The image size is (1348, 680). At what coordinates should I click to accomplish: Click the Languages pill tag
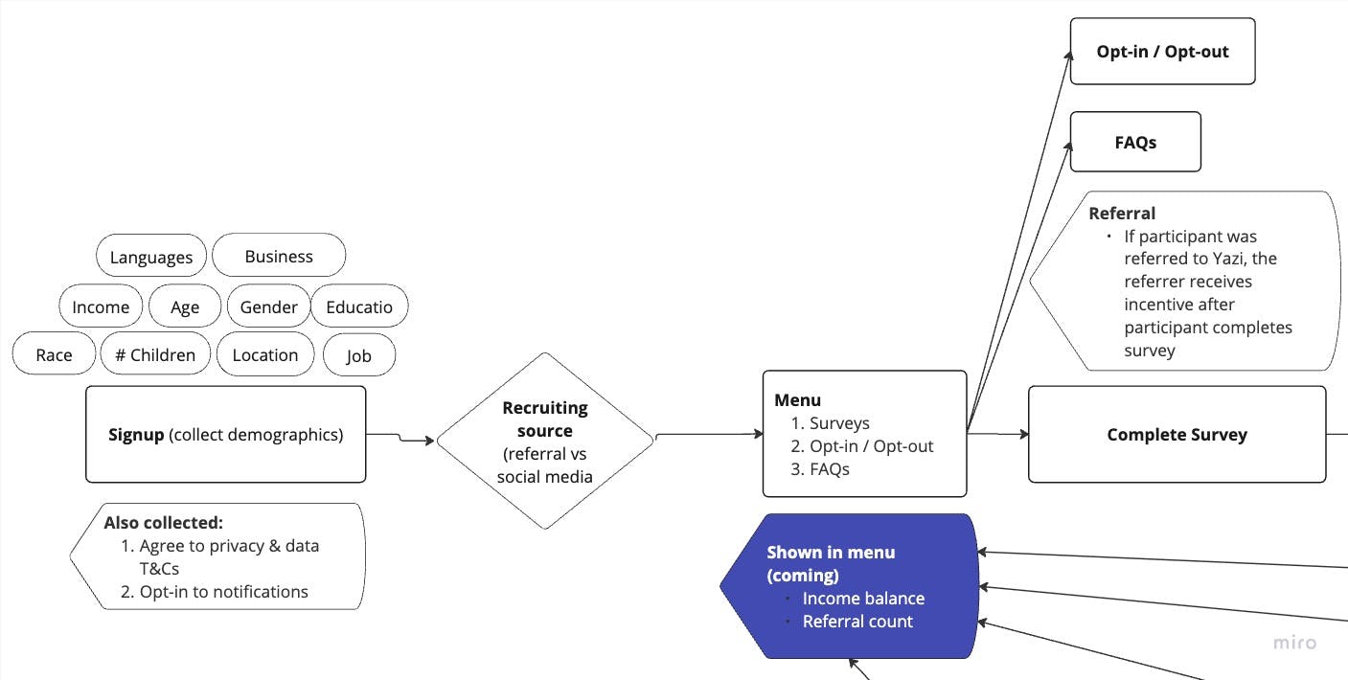(x=150, y=257)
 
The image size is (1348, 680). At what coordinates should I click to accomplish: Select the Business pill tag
(x=278, y=256)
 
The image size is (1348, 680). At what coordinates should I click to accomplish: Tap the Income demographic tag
(x=101, y=306)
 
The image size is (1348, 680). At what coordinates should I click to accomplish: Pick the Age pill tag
(x=185, y=306)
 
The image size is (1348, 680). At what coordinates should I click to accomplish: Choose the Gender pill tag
(x=268, y=306)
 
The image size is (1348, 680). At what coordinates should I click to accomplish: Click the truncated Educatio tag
(x=359, y=306)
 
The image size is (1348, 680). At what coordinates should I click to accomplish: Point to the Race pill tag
(x=54, y=354)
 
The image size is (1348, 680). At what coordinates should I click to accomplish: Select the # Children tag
(x=154, y=354)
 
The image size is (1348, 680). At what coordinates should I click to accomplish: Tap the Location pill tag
(x=265, y=354)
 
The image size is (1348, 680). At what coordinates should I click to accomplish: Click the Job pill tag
(x=358, y=355)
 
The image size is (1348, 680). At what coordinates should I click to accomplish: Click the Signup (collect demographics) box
(x=225, y=434)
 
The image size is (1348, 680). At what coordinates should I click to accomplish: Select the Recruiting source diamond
(x=544, y=441)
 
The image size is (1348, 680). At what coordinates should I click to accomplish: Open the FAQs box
(x=1135, y=142)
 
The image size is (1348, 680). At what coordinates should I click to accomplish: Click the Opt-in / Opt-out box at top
(x=1162, y=51)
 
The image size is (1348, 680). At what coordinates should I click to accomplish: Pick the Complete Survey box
(x=1177, y=434)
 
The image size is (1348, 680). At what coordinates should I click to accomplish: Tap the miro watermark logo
(x=1294, y=643)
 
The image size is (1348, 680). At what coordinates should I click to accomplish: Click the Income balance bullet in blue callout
(x=863, y=598)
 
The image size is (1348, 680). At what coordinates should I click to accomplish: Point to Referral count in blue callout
(x=857, y=621)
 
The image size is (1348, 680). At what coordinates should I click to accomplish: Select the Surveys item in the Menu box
(x=838, y=422)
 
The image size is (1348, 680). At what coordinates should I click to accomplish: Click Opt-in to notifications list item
(x=223, y=591)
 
